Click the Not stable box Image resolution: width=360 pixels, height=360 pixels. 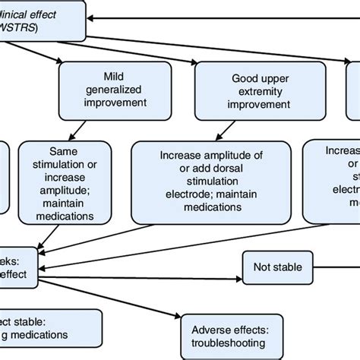pyautogui.click(x=278, y=267)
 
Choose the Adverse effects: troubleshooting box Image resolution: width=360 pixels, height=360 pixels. pyautogui.click(x=225, y=332)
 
